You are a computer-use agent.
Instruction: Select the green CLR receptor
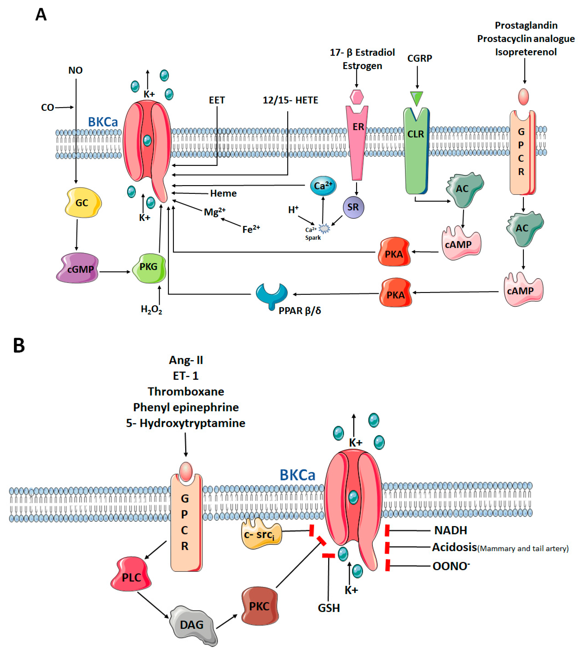tap(416, 150)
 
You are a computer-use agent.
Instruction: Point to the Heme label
tap(223, 193)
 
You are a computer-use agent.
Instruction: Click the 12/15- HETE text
tap(290, 100)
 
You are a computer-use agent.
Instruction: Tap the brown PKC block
tap(259, 606)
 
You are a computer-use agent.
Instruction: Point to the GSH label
tap(329, 608)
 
